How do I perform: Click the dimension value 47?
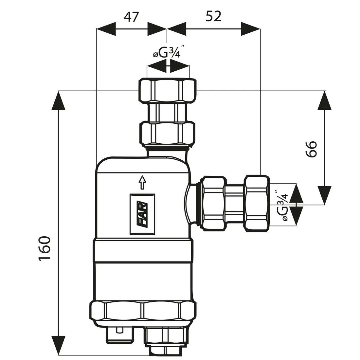(x=132, y=17)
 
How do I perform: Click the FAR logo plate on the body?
(x=142, y=214)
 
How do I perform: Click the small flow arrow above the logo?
(x=142, y=182)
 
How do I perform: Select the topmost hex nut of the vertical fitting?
(x=168, y=91)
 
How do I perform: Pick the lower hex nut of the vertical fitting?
(x=168, y=133)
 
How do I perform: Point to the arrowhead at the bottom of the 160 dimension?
(x=59, y=345)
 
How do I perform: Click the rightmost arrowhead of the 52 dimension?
(x=251, y=29)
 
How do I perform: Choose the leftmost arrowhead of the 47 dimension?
(x=106, y=29)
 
